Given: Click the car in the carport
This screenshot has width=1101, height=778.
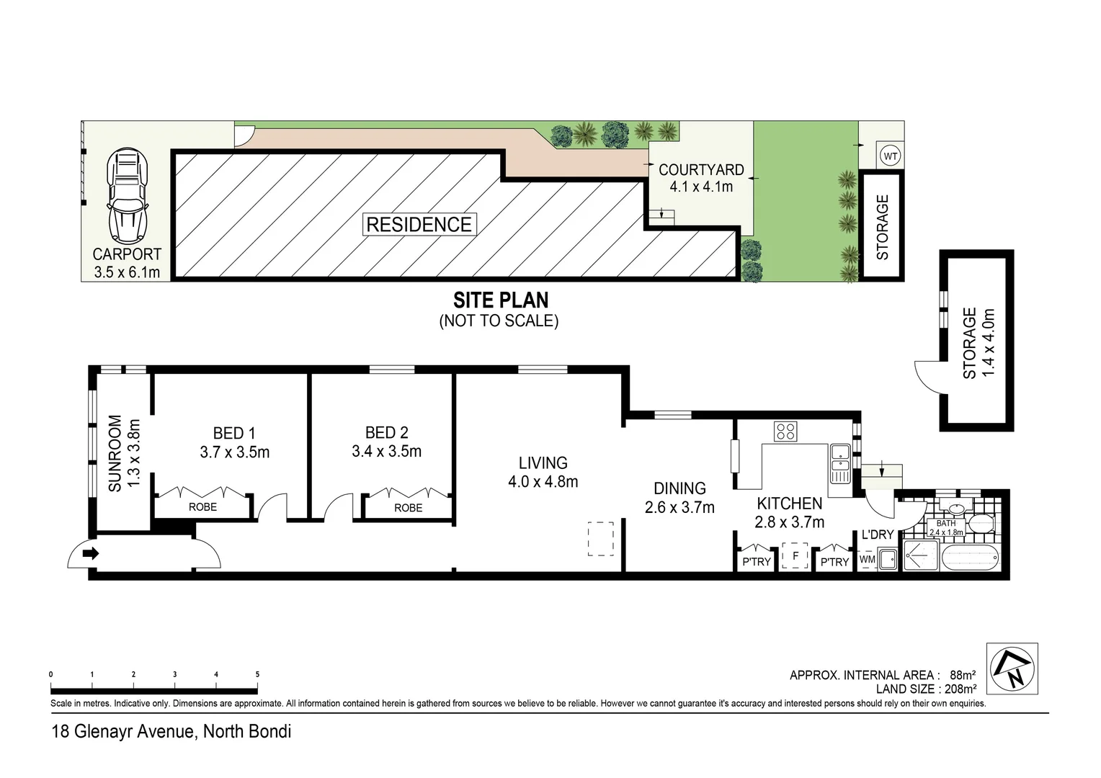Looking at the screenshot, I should tap(128, 195).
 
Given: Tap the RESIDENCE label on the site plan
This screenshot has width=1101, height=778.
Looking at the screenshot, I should tap(419, 224).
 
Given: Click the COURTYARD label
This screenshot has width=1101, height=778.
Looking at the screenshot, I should tap(701, 170).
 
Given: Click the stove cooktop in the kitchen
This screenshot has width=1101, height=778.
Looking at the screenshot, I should tap(785, 432).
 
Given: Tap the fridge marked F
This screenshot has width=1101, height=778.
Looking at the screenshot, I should tap(795, 557).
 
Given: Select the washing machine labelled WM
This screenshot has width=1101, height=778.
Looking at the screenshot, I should tap(867, 559).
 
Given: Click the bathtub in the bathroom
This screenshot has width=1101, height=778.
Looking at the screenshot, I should tap(970, 558).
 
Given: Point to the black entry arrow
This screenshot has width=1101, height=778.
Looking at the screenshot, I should tap(91, 554).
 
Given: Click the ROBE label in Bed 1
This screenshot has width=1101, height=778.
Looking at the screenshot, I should tap(202, 507).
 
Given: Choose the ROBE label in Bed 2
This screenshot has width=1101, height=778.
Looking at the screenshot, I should tap(408, 508).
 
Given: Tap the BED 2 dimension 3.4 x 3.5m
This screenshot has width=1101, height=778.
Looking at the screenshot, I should tap(386, 452).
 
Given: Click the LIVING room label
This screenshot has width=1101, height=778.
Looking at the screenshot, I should tap(543, 463).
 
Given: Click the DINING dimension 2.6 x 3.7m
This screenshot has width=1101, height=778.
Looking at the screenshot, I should tap(679, 507).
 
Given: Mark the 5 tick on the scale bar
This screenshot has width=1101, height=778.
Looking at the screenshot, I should tap(257, 675).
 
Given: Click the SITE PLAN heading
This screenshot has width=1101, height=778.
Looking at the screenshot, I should tap(500, 300).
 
